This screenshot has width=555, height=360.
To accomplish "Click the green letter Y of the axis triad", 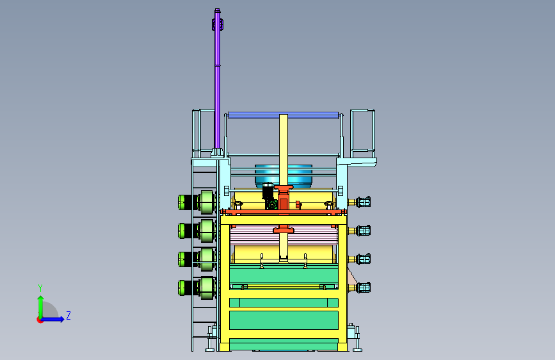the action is click(x=40, y=288).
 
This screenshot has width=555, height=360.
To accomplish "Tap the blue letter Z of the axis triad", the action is click(x=68, y=315).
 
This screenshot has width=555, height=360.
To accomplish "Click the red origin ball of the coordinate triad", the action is click(x=40, y=320).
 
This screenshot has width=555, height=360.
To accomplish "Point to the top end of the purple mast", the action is click(x=218, y=10).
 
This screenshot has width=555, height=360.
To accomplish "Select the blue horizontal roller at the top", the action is click(x=283, y=115).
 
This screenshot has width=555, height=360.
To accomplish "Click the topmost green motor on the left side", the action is click(x=197, y=202).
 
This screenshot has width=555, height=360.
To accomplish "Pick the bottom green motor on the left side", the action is click(x=197, y=288).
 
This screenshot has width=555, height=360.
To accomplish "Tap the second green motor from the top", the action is click(x=197, y=231).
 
